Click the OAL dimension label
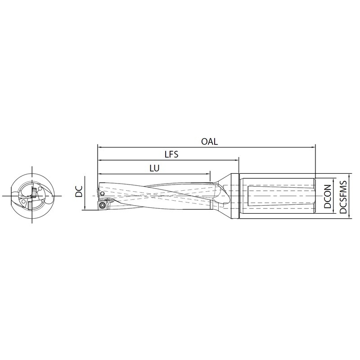point(209,141)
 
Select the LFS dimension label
point(171,154)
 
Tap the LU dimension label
point(154,168)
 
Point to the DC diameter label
point(79,191)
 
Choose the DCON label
point(328,196)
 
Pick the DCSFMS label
point(343,197)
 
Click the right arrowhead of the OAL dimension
point(313,147)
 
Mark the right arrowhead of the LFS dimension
point(237,160)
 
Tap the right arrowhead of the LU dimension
point(208,174)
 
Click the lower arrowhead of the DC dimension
point(85,207)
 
